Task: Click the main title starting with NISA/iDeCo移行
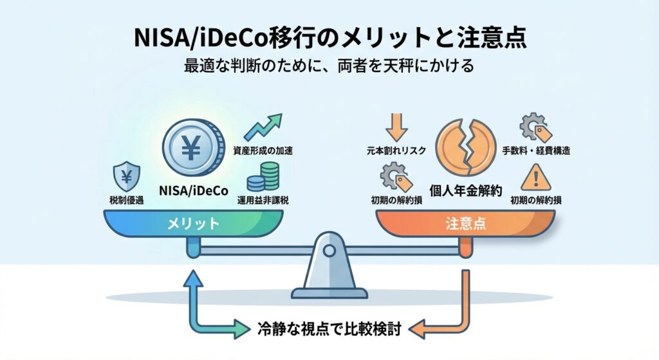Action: click(329, 38)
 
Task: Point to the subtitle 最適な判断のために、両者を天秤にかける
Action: click(329, 66)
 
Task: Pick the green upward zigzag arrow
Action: click(265, 128)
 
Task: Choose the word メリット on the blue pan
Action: click(194, 224)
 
